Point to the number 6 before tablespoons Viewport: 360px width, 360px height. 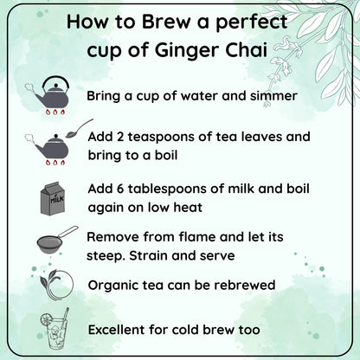(x=118, y=189)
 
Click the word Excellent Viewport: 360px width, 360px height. (x=120, y=329)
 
